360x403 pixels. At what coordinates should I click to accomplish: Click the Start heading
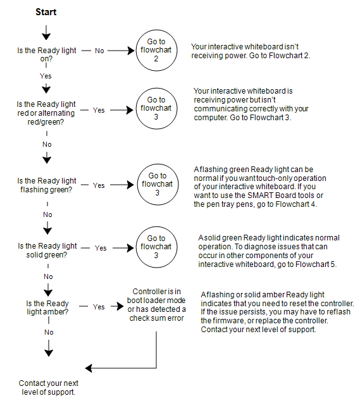(x=46, y=12)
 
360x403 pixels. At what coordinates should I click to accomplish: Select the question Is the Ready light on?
(x=47, y=54)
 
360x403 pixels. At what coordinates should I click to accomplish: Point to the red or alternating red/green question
(x=46, y=113)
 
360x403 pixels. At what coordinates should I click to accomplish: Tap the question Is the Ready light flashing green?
(x=47, y=185)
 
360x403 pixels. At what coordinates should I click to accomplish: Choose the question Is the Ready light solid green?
(x=47, y=250)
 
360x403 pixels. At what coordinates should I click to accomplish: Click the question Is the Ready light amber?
(x=47, y=307)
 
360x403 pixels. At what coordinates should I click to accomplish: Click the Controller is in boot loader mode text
(x=156, y=304)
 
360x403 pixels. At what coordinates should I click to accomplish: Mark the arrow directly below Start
(x=46, y=32)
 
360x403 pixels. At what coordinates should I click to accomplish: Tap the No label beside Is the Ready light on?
(x=99, y=51)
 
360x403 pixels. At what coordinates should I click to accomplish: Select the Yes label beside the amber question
(x=99, y=307)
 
